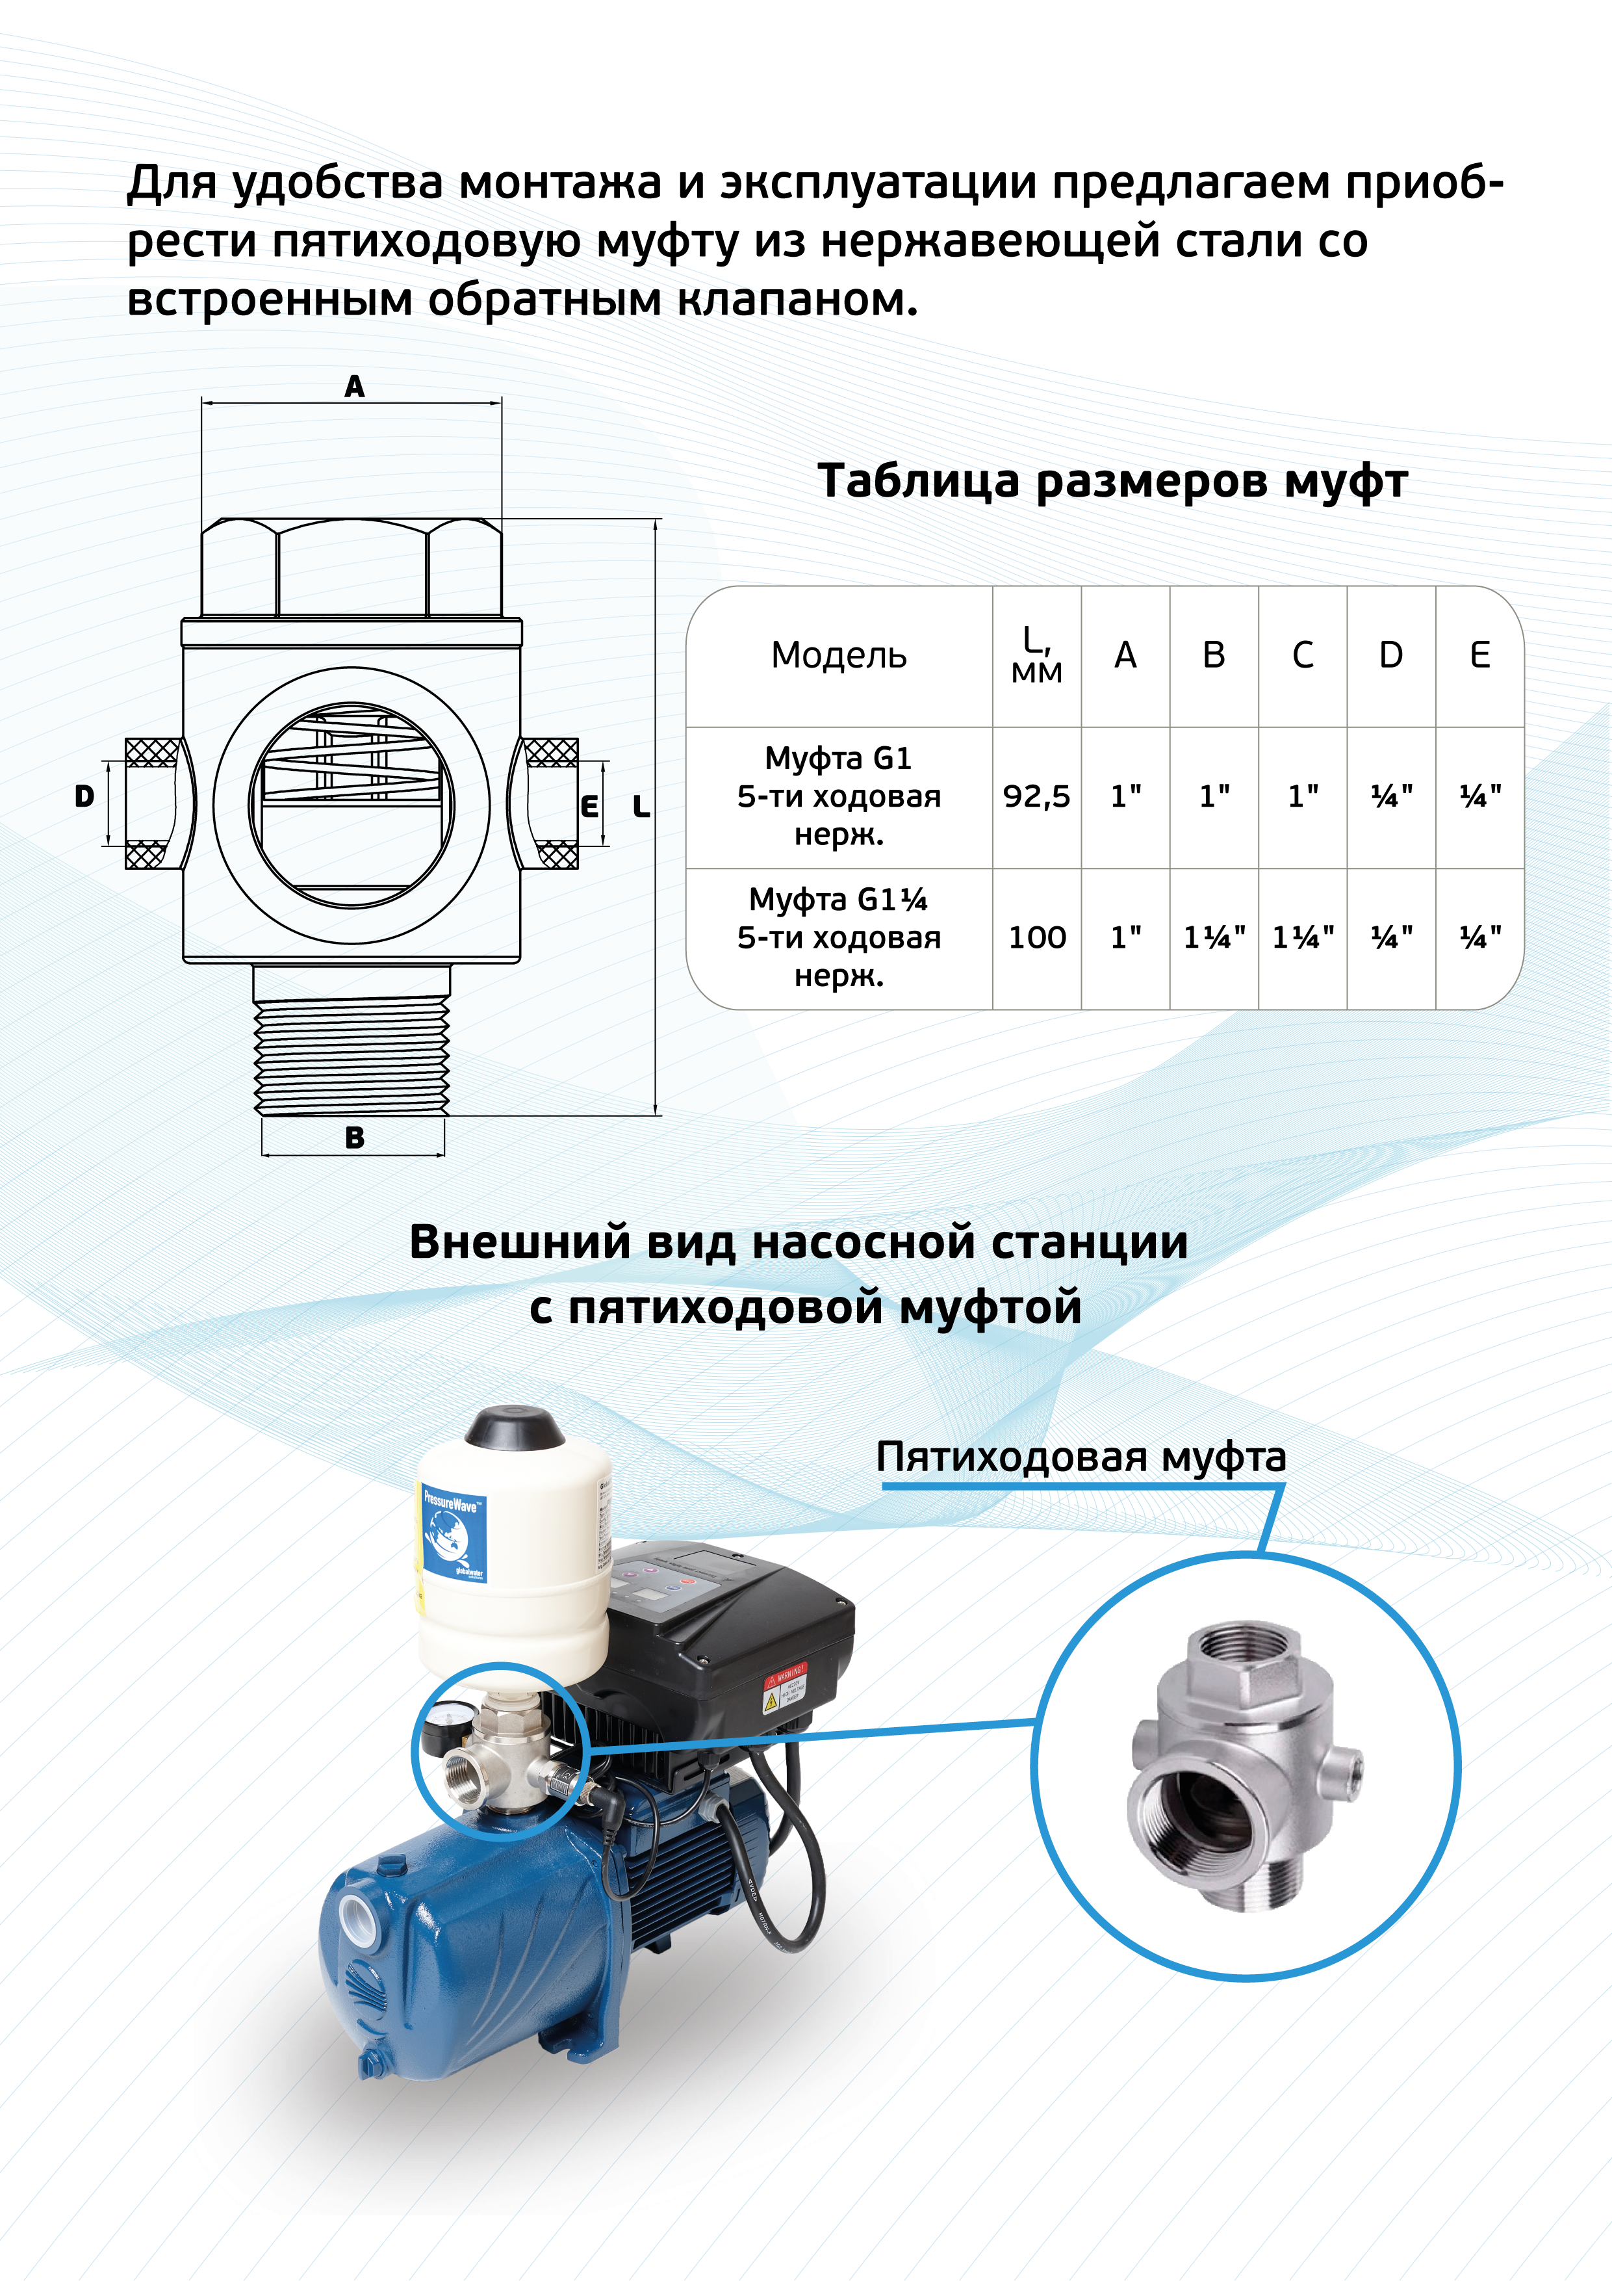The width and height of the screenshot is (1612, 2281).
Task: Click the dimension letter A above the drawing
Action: tap(355, 387)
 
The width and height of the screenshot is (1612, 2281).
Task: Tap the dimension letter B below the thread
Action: tap(355, 1138)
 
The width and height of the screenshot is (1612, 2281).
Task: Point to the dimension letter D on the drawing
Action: tap(84, 796)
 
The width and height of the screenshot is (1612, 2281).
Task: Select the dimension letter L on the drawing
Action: tap(642, 807)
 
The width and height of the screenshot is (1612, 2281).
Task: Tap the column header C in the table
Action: tap(1302, 656)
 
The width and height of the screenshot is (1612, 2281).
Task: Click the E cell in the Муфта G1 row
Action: tap(1480, 796)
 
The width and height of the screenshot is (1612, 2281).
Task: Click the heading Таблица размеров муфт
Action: tap(1112, 482)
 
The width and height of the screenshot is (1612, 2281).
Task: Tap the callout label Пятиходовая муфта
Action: tap(1081, 1457)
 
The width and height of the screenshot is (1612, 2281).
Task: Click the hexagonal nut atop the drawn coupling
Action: tap(352, 567)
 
